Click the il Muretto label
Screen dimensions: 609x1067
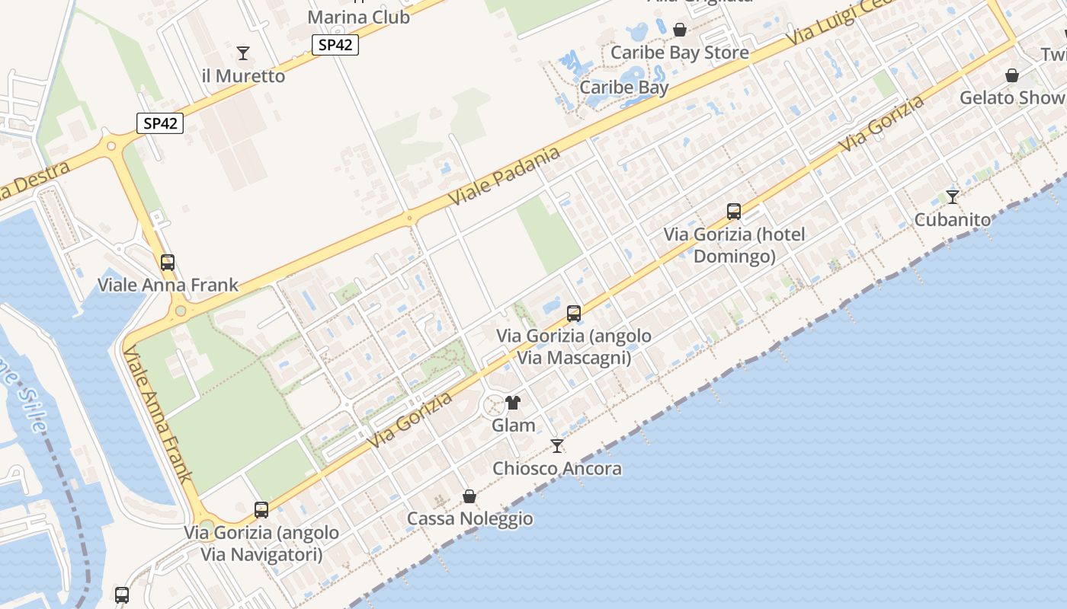(243, 76)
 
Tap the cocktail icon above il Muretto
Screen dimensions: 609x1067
(243, 53)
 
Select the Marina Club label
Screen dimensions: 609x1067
(358, 17)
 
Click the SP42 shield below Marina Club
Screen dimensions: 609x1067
(335, 45)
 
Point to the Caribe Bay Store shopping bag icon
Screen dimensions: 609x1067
(680, 30)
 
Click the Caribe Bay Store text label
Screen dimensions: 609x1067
(680, 53)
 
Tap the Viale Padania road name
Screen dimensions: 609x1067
(504, 176)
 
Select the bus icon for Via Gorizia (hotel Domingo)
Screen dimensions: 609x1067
(734, 212)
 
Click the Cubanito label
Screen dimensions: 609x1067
(953, 220)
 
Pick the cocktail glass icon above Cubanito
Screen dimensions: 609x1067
(953, 197)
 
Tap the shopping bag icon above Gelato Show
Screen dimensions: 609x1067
(1012, 75)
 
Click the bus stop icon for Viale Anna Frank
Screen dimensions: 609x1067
(168, 263)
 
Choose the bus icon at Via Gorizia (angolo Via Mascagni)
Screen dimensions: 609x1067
(574, 314)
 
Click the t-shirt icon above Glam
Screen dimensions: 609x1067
(513, 403)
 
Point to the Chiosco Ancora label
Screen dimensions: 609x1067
(557, 469)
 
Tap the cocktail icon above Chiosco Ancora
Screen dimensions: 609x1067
(557, 446)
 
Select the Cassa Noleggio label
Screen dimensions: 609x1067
(469, 519)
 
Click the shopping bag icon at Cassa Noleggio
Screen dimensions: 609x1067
(469, 496)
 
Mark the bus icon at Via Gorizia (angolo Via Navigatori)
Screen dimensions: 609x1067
(261, 510)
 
